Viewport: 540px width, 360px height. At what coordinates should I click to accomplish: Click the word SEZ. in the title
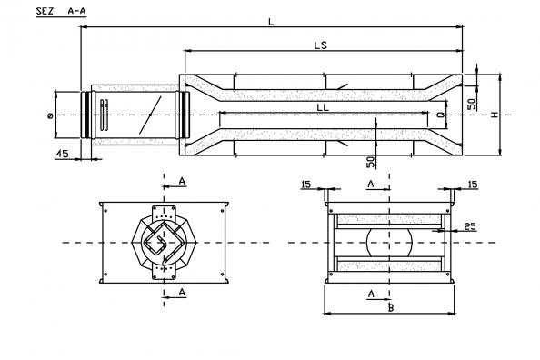[x=45, y=11]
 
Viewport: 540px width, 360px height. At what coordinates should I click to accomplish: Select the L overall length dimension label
[x=272, y=22]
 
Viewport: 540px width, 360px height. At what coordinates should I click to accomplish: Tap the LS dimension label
[x=321, y=45]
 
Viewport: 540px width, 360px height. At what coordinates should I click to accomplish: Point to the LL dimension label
[x=323, y=107]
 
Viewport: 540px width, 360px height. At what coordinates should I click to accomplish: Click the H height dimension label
[x=495, y=115]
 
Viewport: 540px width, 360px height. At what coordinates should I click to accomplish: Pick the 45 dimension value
[x=63, y=154]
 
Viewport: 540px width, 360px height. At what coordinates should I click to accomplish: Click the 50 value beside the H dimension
[x=472, y=104]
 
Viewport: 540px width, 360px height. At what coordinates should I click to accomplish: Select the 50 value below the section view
[x=370, y=162]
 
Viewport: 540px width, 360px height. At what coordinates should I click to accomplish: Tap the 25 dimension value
[x=470, y=226]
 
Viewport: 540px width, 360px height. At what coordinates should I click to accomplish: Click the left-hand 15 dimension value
[x=305, y=185]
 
